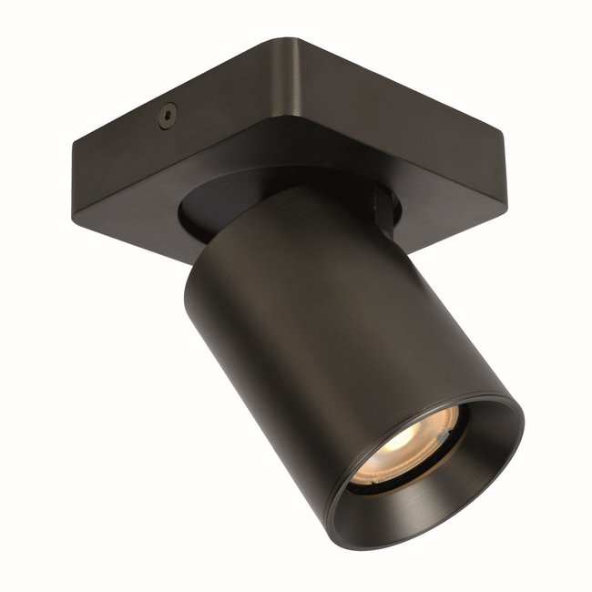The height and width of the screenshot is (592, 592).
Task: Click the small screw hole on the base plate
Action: (x=167, y=115)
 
